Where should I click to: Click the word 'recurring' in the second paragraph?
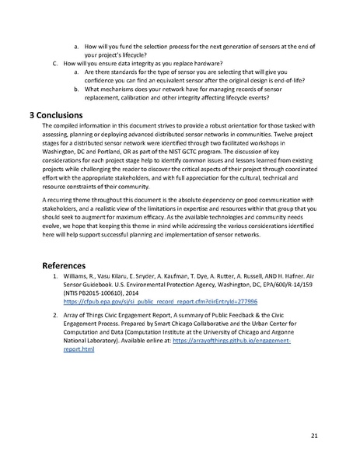pos(67,200)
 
